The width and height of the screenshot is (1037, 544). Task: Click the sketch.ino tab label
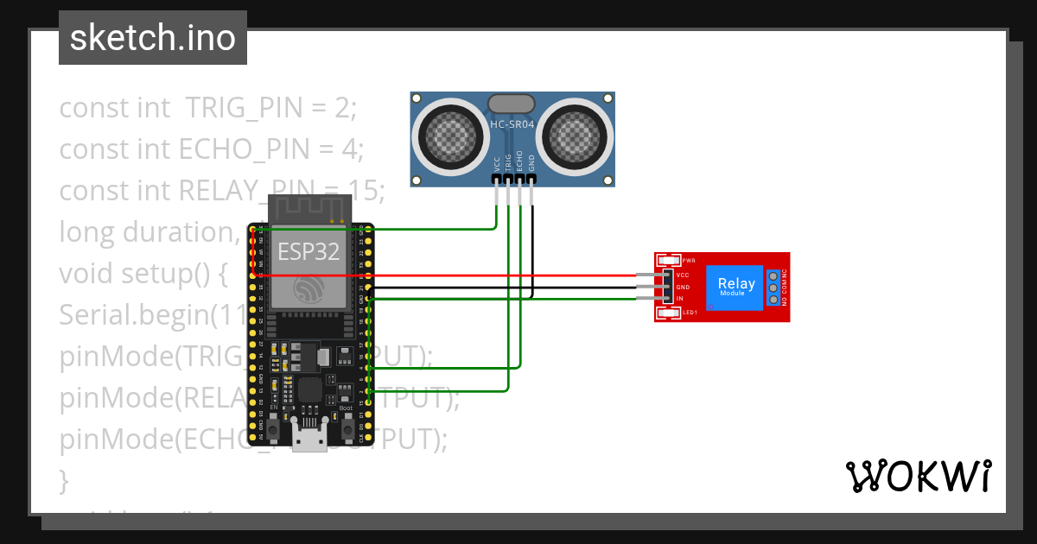(x=152, y=38)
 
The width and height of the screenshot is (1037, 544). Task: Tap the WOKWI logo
(x=918, y=476)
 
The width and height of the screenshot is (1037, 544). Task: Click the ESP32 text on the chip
(x=309, y=251)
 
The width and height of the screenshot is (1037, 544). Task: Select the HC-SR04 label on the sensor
(x=512, y=124)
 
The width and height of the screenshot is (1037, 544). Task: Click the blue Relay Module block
(x=735, y=286)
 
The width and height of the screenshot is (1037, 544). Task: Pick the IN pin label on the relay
(x=680, y=299)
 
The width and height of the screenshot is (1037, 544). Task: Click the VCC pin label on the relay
(x=682, y=274)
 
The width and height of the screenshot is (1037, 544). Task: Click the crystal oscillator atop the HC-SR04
(x=512, y=104)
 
